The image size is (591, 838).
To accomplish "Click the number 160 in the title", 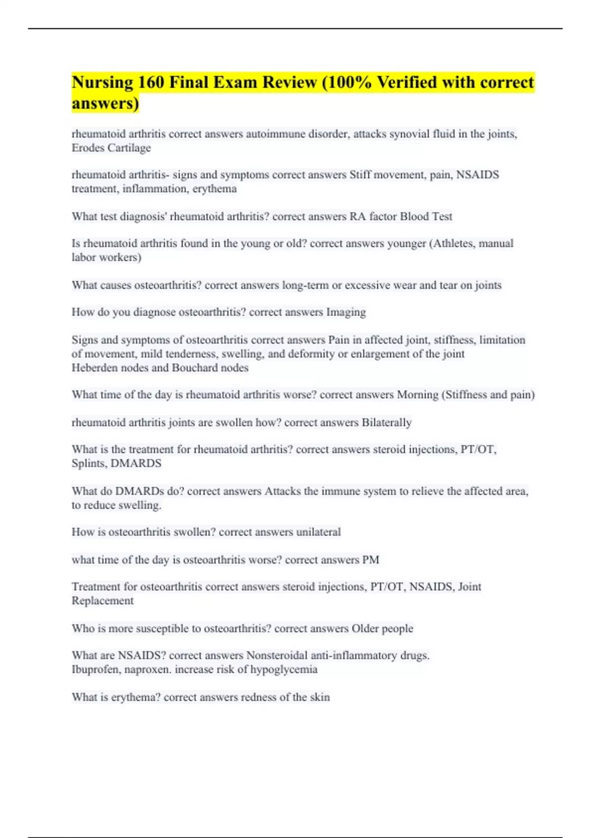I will pyautogui.click(x=151, y=82).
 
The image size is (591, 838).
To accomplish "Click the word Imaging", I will pyautogui.click(x=346, y=313).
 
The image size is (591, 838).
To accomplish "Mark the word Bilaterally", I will pyautogui.click(x=387, y=423).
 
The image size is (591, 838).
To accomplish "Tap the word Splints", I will pyautogui.click(x=89, y=464).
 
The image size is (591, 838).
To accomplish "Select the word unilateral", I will pyautogui.click(x=318, y=532).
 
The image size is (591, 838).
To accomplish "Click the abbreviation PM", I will pyautogui.click(x=370, y=560).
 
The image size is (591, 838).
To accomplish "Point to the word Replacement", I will pyautogui.click(x=102, y=601).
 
